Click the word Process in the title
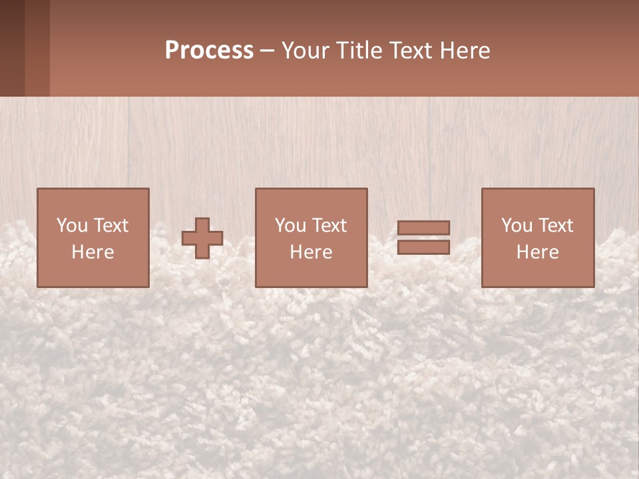(209, 51)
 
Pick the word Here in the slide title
(466, 51)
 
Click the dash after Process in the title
(267, 51)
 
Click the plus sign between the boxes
(202, 238)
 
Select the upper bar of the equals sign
(423, 228)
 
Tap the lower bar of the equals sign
(423, 247)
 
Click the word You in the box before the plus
(72, 226)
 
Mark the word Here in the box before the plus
(93, 252)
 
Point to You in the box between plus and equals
(290, 226)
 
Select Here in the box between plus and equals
(311, 252)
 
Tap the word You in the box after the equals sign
(517, 226)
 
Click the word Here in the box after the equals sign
(537, 252)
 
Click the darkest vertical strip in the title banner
(12, 48)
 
